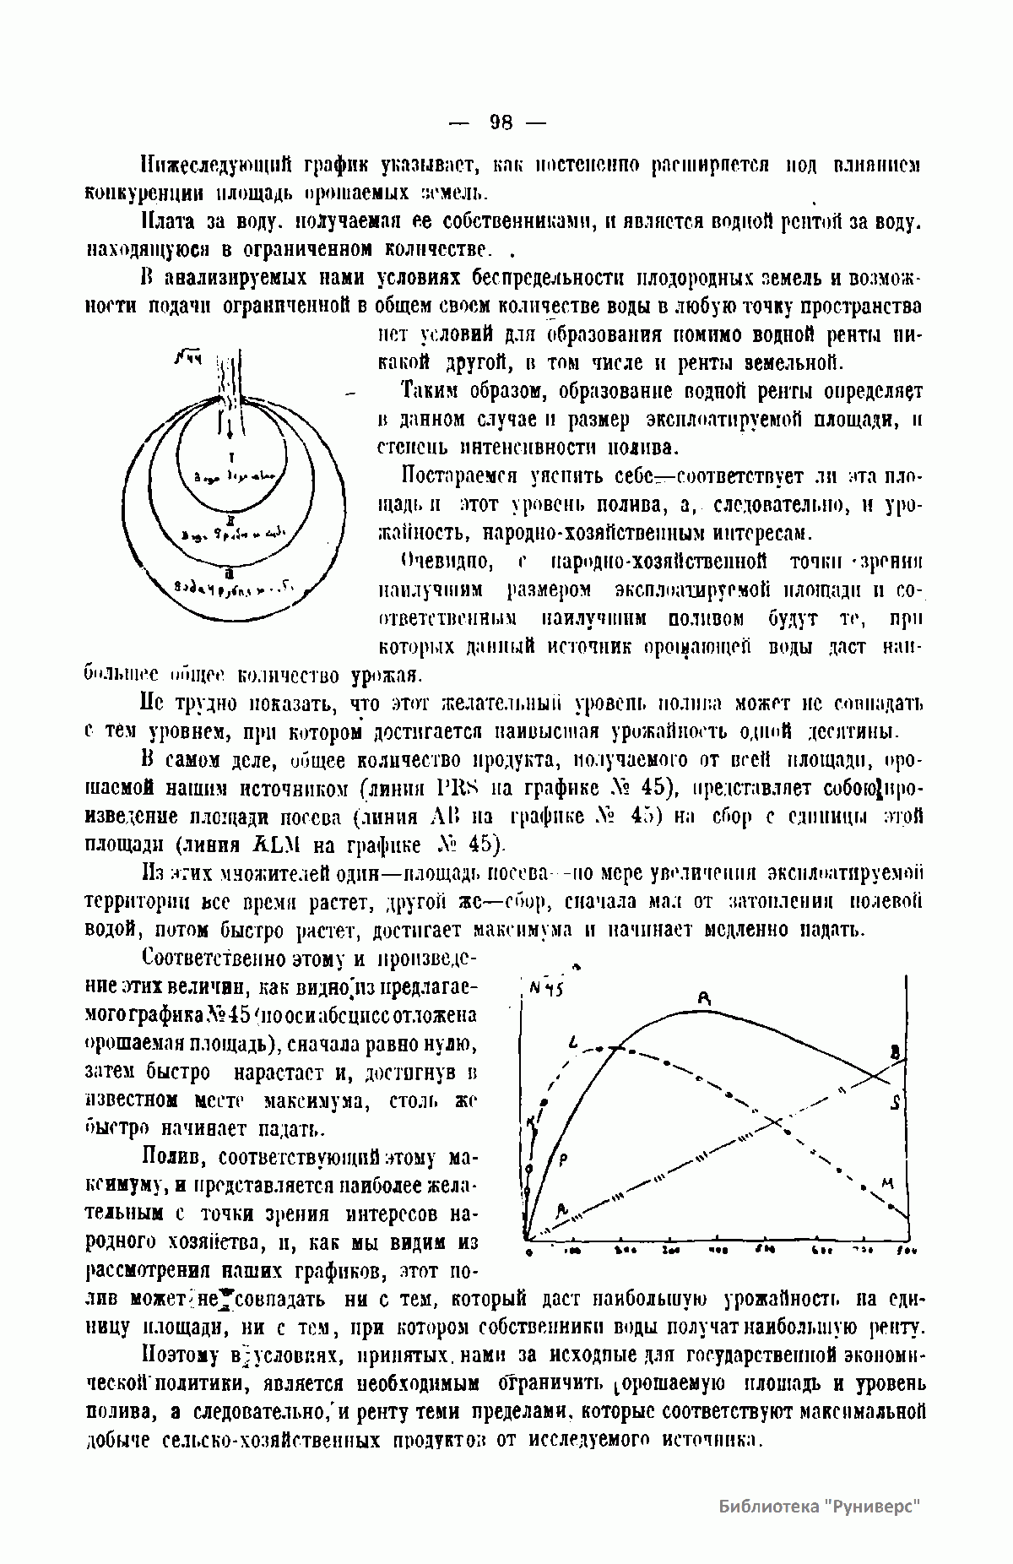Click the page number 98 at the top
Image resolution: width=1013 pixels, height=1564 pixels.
[x=501, y=122]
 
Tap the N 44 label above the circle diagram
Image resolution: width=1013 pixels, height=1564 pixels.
[x=187, y=359]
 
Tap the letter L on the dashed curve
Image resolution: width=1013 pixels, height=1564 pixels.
[x=573, y=1045]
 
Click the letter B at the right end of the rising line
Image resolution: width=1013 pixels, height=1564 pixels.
[x=896, y=1051]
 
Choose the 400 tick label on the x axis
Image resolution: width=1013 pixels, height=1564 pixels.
[x=719, y=1249]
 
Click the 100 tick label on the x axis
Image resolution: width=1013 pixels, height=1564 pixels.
[x=572, y=1249]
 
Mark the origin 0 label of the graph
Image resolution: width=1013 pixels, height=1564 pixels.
[x=527, y=1251]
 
